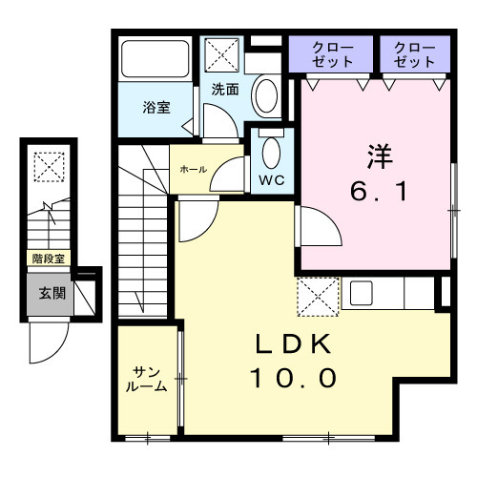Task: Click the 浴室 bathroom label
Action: point(156,107)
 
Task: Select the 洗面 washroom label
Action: point(225,89)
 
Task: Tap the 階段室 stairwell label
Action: point(48,259)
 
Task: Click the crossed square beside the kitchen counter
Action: point(318,296)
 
